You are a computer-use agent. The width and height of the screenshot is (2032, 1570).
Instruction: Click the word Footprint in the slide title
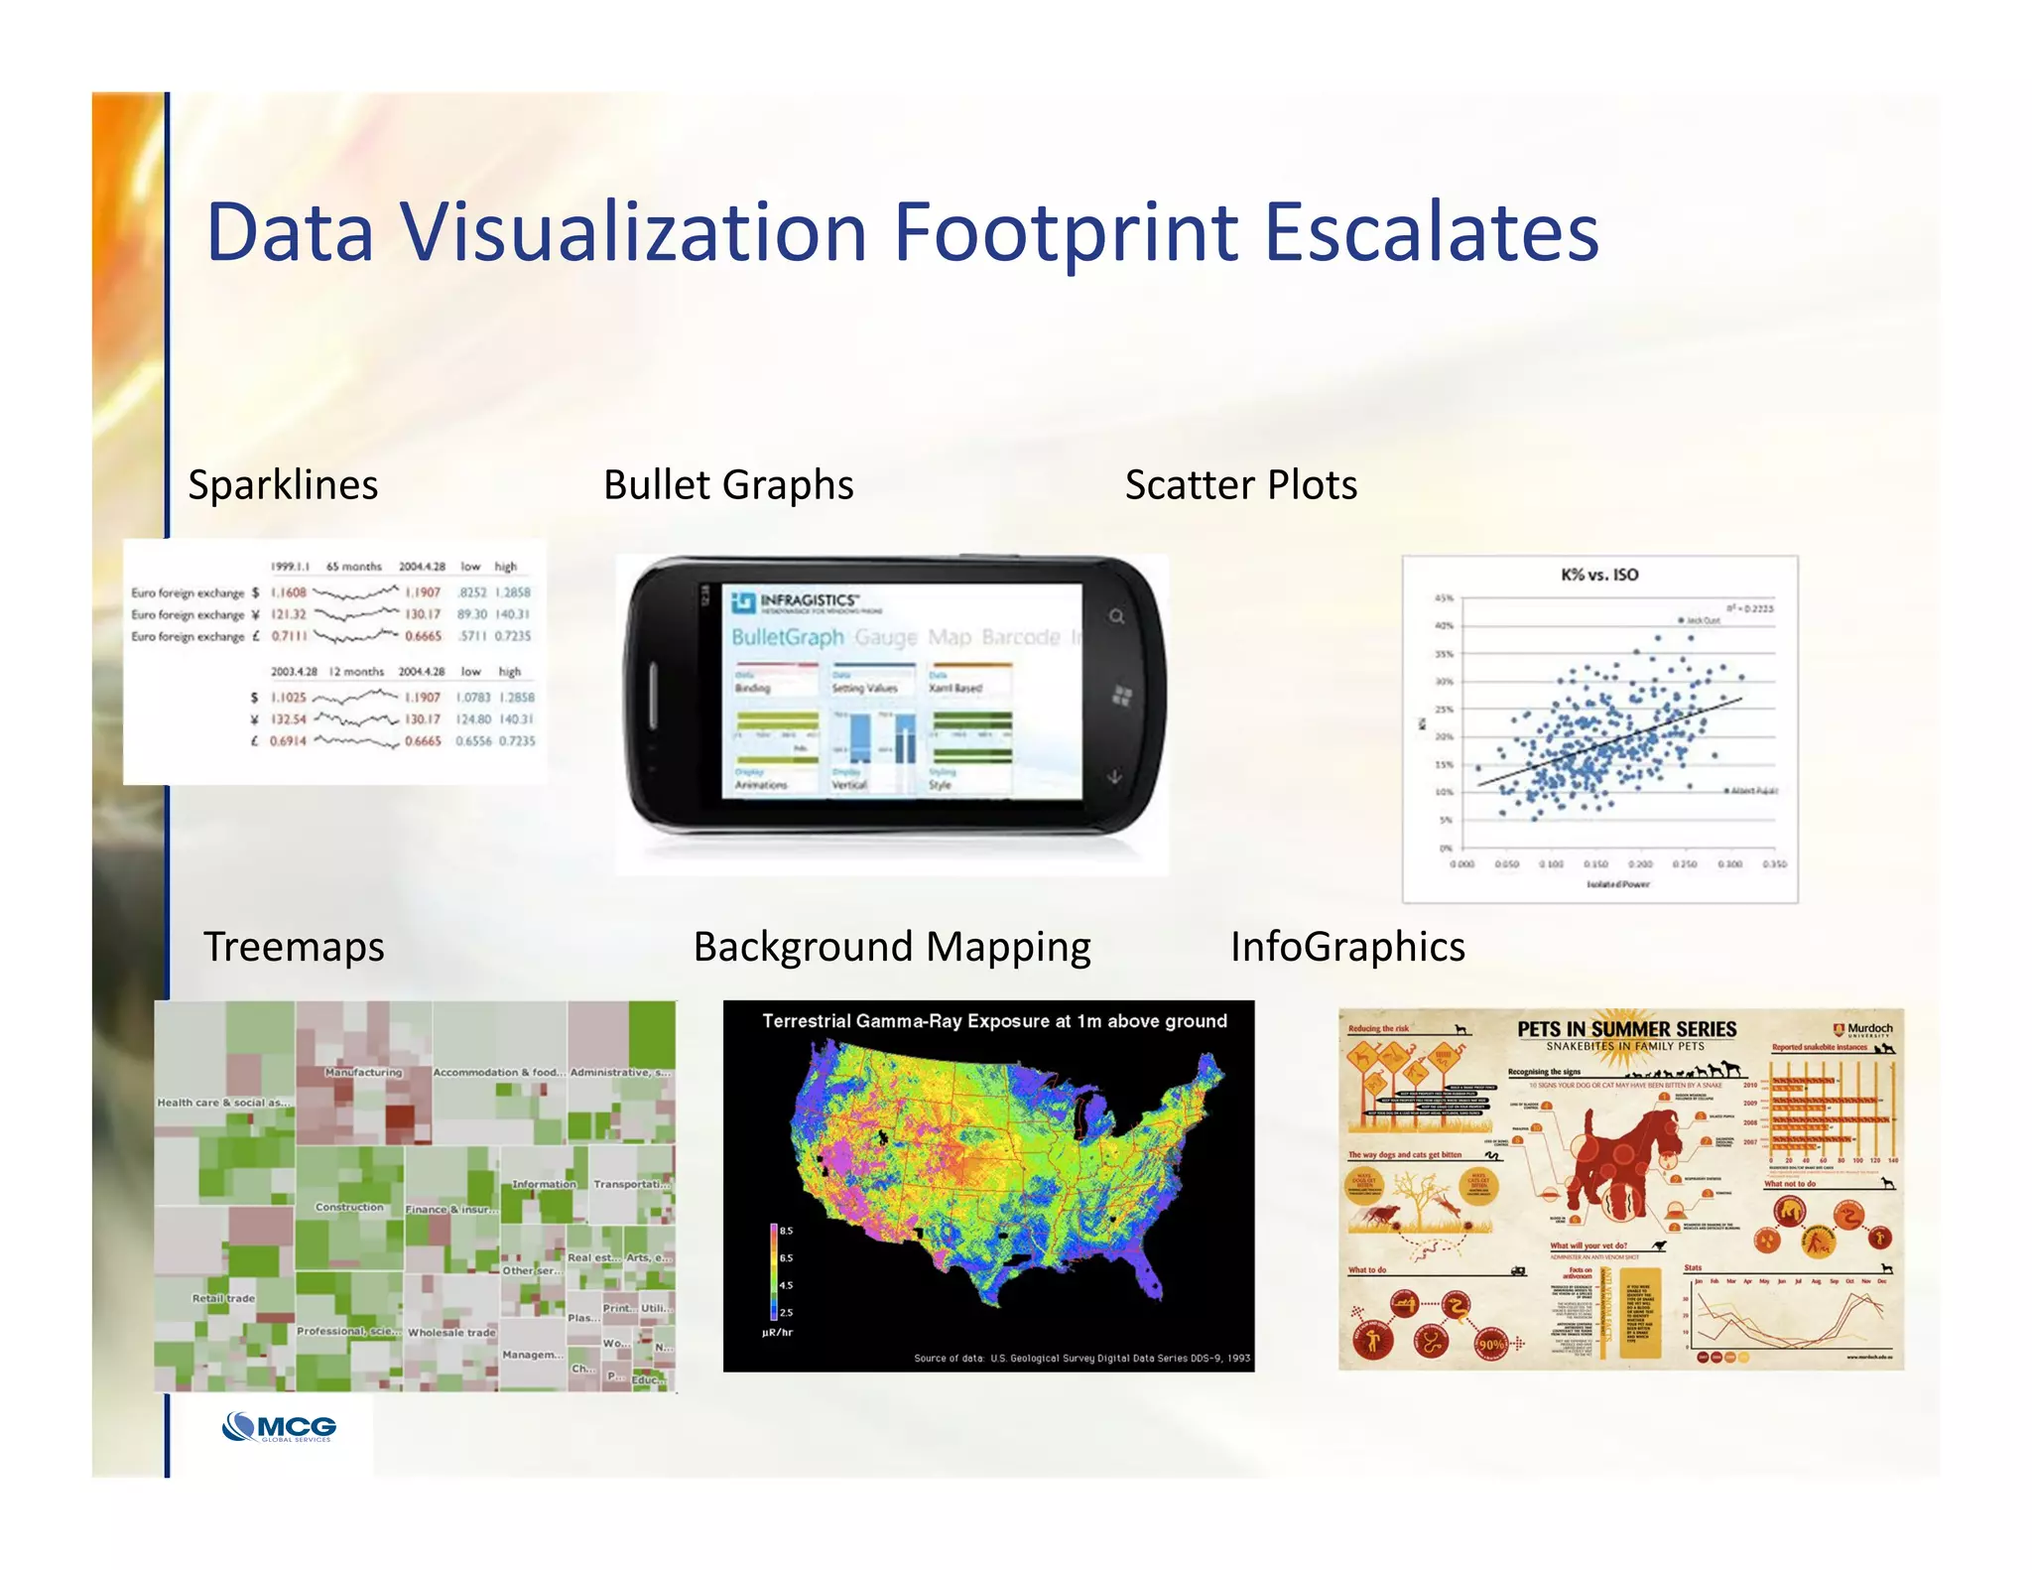pyautogui.click(x=1066, y=234)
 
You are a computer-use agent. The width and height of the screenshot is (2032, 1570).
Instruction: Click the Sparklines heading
pyautogui.click(x=283, y=485)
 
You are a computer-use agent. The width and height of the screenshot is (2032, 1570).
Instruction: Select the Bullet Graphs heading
pyautogui.click(x=728, y=485)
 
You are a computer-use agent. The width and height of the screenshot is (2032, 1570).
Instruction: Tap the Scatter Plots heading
pyautogui.click(x=1240, y=485)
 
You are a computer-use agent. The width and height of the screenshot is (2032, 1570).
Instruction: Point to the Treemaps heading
pyautogui.click(x=294, y=947)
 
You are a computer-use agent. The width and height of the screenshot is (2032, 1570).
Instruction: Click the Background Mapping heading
pyautogui.click(x=891, y=947)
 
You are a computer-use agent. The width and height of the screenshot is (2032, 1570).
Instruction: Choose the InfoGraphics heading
pyautogui.click(x=1347, y=947)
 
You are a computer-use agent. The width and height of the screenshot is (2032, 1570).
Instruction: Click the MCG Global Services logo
pyautogui.click(x=279, y=1427)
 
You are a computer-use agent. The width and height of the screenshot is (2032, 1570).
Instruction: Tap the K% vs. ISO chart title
pyautogui.click(x=1599, y=575)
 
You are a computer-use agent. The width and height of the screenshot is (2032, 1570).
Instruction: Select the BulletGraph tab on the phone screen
pyautogui.click(x=787, y=637)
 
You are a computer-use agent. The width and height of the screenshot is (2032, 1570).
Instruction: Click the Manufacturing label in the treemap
pyautogui.click(x=364, y=1073)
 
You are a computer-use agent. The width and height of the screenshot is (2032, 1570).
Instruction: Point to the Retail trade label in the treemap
pyautogui.click(x=224, y=1298)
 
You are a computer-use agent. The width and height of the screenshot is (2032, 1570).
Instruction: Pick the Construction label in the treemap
pyautogui.click(x=349, y=1208)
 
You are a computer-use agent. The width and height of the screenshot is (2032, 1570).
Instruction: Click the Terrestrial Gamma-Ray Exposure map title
pyautogui.click(x=994, y=1021)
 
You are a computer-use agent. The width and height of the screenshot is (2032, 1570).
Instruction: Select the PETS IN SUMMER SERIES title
pyautogui.click(x=1626, y=1029)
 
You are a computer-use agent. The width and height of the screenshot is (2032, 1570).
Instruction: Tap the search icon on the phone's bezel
pyautogui.click(x=1117, y=617)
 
